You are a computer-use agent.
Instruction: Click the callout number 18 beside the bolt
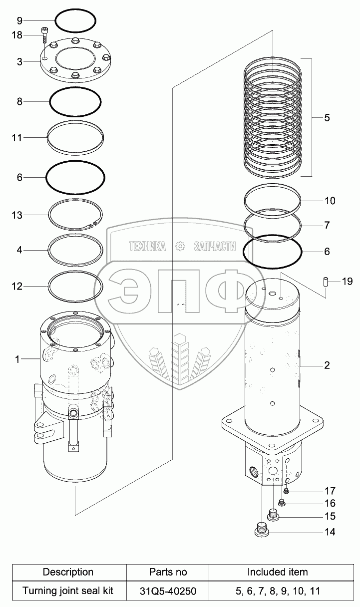(x=17, y=35)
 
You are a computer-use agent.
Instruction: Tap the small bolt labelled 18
(x=44, y=35)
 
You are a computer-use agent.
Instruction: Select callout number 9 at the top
(x=19, y=20)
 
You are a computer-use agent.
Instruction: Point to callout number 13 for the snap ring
(x=17, y=216)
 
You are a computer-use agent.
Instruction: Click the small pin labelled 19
(x=326, y=282)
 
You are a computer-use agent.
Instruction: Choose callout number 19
(x=347, y=282)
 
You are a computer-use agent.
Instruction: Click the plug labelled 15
(x=273, y=514)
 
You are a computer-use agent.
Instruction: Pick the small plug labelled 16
(x=282, y=502)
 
